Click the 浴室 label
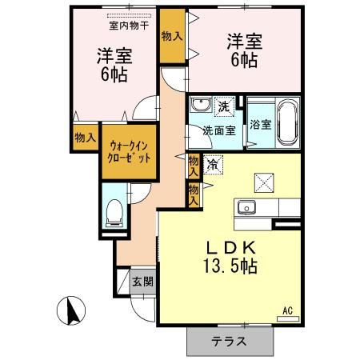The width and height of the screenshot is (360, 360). point(259,125)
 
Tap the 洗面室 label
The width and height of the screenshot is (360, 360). point(217,131)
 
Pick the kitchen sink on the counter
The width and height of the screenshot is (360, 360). point(245,210)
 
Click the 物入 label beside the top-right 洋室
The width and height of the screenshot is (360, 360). point(170,35)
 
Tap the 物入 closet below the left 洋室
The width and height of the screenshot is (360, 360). point(85,138)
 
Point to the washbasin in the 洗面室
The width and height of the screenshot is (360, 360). point(199,105)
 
